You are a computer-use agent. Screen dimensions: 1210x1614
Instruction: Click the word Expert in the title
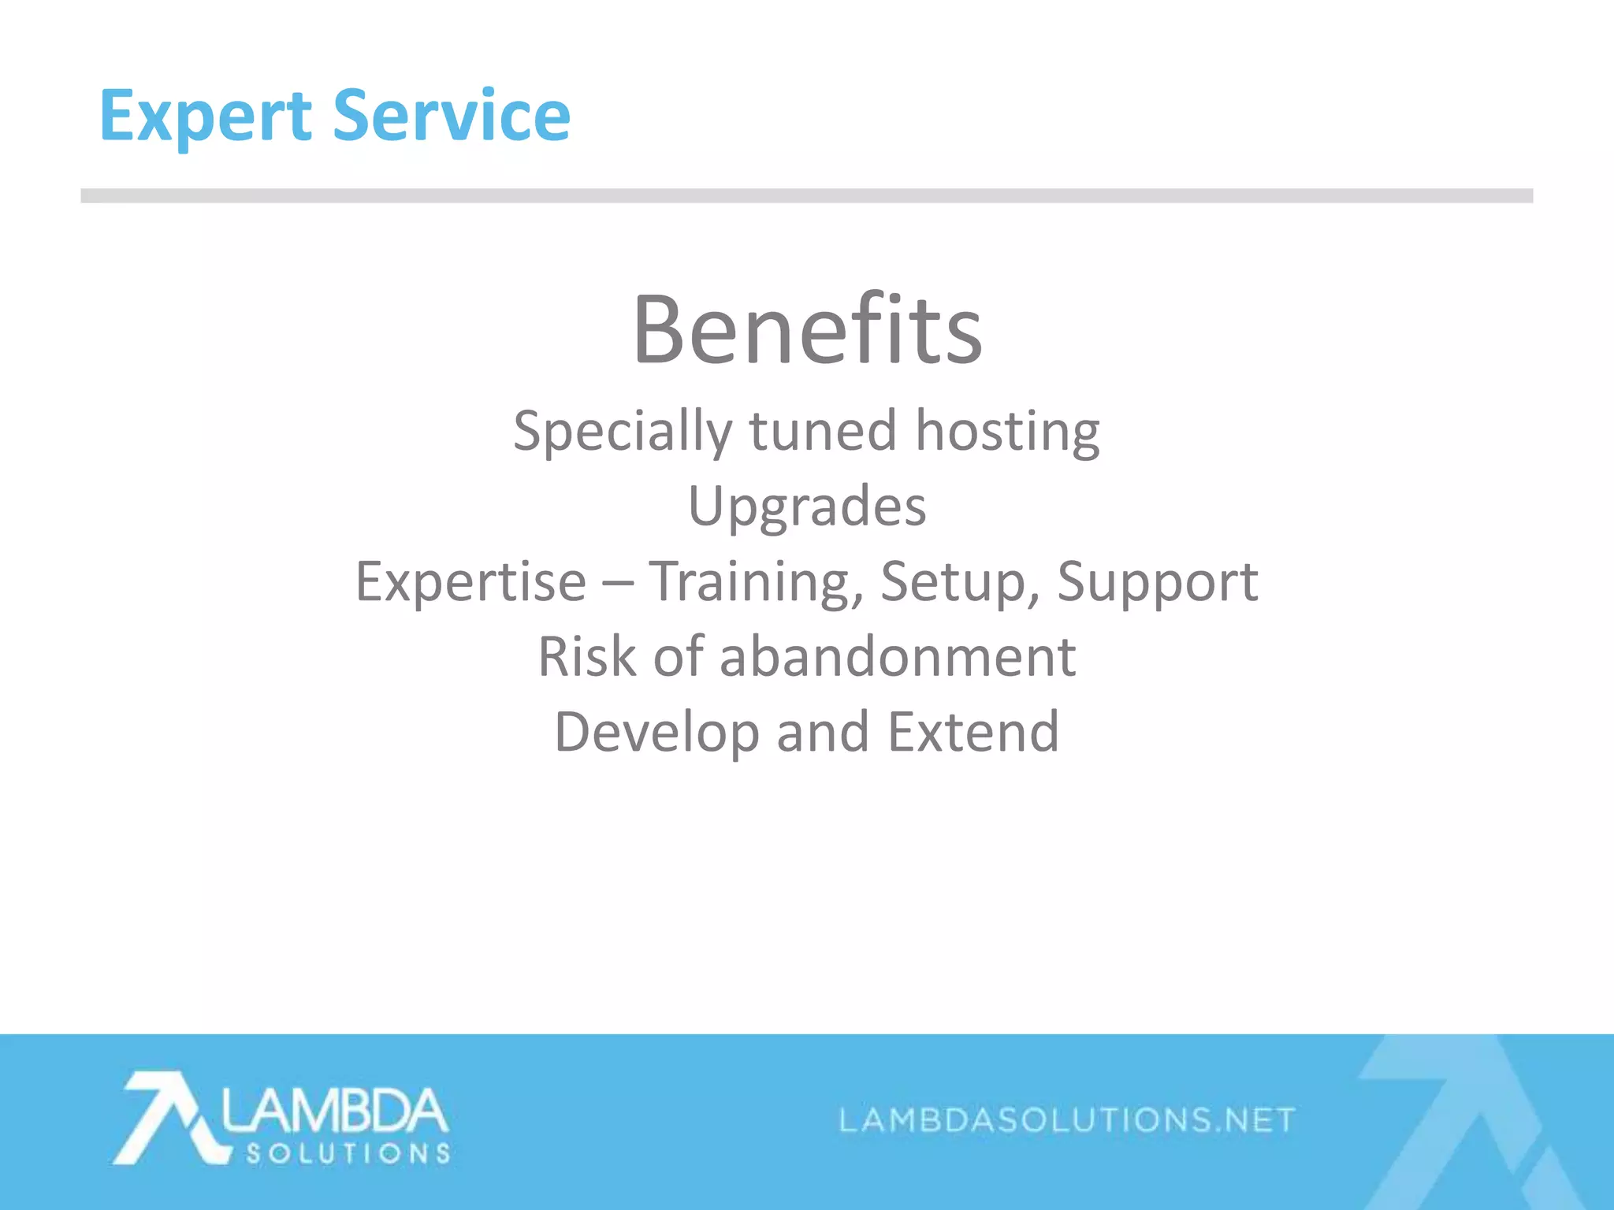point(205,117)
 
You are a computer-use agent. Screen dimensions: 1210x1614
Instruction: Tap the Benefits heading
point(807,329)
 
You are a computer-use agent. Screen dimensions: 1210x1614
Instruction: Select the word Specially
point(622,432)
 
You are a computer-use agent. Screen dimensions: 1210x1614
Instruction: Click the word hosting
point(1007,432)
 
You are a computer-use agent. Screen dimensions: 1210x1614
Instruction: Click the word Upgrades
point(807,507)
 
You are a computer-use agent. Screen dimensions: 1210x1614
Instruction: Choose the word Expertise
point(470,581)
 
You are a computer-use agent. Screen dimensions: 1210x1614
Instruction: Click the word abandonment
point(898,656)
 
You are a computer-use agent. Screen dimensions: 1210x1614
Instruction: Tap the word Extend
point(973,731)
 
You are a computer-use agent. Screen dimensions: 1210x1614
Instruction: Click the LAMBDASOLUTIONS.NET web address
point(1067,1119)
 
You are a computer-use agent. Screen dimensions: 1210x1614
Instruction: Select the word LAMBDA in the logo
point(334,1111)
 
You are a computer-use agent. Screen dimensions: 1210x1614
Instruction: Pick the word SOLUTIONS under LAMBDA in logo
point(348,1154)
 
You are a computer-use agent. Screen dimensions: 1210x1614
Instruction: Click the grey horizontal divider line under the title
point(807,195)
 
